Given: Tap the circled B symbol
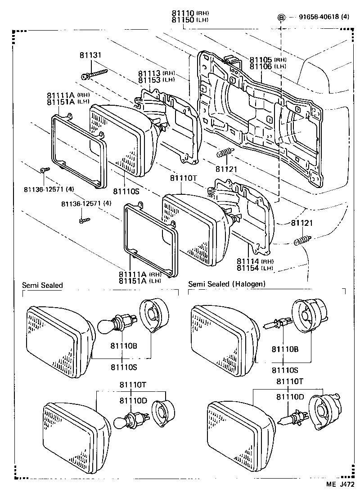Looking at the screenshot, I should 281,18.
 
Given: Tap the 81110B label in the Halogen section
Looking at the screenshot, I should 284,349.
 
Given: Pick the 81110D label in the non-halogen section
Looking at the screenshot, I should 133,400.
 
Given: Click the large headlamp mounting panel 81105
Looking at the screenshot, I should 261,117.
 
